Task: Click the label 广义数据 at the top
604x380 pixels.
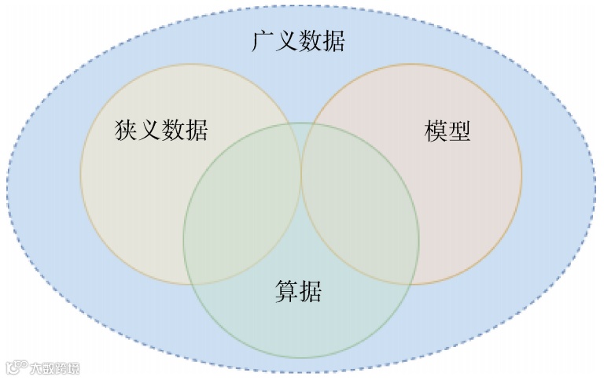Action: click(x=298, y=41)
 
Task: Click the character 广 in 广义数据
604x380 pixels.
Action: click(x=263, y=41)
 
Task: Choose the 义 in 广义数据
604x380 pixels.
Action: click(x=286, y=41)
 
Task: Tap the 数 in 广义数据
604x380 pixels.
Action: click(x=310, y=41)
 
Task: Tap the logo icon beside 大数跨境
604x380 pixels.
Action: click(x=16, y=367)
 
